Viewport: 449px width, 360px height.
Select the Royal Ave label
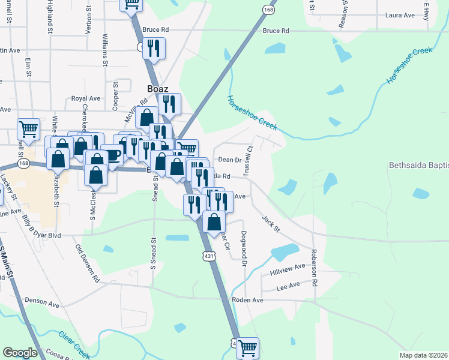pyautogui.click(x=85, y=98)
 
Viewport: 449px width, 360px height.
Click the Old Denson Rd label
pyautogui.click(x=88, y=263)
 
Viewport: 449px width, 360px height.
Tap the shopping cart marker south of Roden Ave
pyautogui.click(x=247, y=347)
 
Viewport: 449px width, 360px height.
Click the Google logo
pyautogui.click(x=20, y=353)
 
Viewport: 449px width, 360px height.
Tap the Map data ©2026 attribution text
pyautogui.click(x=423, y=355)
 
